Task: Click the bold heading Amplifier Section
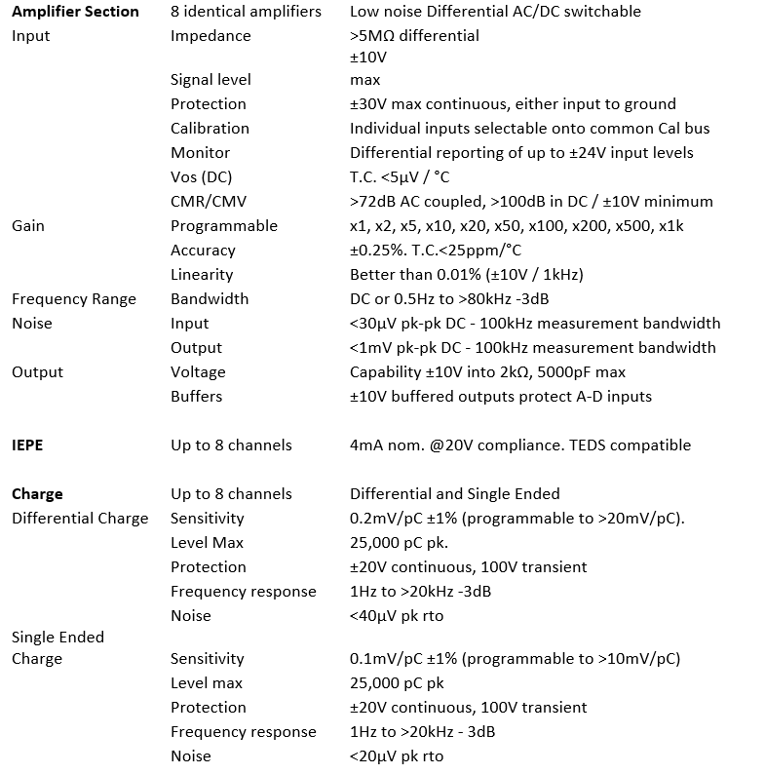(x=75, y=12)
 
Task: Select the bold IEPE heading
(x=27, y=445)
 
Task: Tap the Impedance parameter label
(x=210, y=36)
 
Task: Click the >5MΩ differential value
(x=414, y=36)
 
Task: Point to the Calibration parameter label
(x=210, y=129)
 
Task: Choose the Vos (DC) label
(x=201, y=177)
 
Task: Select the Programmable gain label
(x=224, y=226)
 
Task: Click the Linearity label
(x=202, y=275)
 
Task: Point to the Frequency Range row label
(x=74, y=299)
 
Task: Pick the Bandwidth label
(x=210, y=299)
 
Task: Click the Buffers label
(x=196, y=397)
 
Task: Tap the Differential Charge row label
(x=80, y=519)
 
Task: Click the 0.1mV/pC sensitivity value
(x=388, y=659)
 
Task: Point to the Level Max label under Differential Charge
(x=207, y=543)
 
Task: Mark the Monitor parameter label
(x=200, y=153)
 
